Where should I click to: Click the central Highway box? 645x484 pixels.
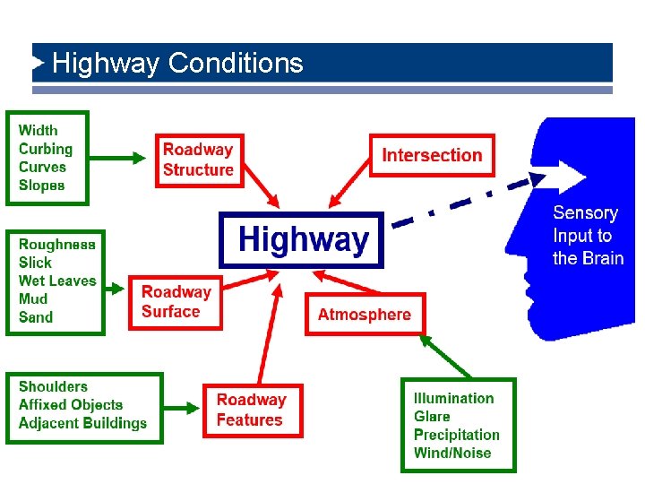click(302, 239)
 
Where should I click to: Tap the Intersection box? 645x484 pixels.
click(432, 155)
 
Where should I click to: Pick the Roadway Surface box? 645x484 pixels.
click(176, 302)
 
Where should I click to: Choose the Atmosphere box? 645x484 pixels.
click(364, 315)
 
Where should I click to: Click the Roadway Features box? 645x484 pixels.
click(252, 411)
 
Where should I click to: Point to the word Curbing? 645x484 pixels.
click(46, 149)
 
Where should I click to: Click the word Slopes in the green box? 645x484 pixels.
click(42, 186)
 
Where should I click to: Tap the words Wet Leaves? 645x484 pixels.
click(57, 281)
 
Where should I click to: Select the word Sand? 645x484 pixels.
click(36, 317)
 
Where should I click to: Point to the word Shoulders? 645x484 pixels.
click(53, 386)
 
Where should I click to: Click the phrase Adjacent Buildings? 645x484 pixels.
click(82, 423)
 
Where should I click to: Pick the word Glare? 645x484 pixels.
click(432, 417)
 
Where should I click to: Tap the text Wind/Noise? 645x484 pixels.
click(452, 454)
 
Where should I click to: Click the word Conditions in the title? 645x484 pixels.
click(236, 64)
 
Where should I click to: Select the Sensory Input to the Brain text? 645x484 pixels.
click(587, 236)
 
